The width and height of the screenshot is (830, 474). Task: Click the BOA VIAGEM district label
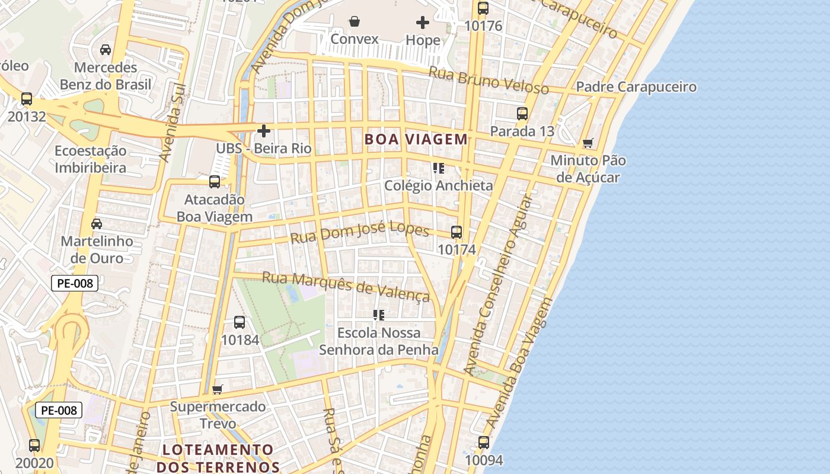[x=416, y=139]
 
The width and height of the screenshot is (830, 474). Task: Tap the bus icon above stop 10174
[x=456, y=232]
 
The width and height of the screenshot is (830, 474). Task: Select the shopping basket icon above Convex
[x=355, y=22]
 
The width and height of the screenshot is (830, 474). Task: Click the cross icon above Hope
[x=423, y=23]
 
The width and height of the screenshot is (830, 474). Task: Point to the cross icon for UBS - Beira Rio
[x=264, y=130]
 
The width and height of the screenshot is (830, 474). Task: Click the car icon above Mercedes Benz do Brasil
[x=106, y=50]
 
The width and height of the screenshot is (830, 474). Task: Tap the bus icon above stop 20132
[x=27, y=99]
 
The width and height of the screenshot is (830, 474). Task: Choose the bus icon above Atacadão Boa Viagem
[x=215, y=182]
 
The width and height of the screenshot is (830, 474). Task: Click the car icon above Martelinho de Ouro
[x=97, y=224]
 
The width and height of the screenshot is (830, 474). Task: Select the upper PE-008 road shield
[x=75, y=283]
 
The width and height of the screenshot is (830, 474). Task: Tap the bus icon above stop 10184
[x=240, y=322]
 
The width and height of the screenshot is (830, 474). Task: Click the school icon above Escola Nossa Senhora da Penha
[x=379, y=315]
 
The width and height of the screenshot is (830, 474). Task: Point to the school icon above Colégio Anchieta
[x=439, y=168]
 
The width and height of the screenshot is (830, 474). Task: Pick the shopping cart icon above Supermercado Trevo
[x=217, y=389]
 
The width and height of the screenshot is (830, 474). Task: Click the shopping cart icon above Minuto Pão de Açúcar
[x=588, y=143]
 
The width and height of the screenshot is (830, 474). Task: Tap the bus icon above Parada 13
[x=522, y=113]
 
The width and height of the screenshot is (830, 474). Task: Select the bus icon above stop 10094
[x=484, y=443]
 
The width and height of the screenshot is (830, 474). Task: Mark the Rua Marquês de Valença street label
[x=346, y=286]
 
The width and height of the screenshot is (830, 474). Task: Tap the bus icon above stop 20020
[x=34, y=446]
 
